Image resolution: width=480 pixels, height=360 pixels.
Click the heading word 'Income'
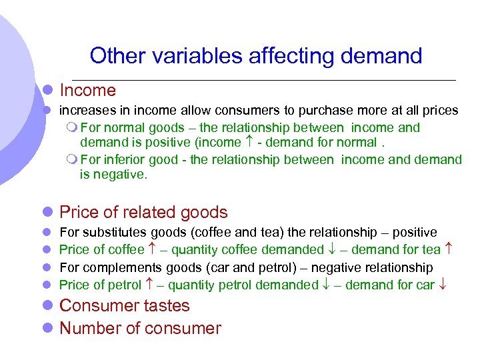87,91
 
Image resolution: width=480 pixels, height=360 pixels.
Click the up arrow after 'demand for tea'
449,250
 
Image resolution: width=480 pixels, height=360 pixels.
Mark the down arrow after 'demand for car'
443,285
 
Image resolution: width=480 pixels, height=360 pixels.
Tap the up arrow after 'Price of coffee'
151,250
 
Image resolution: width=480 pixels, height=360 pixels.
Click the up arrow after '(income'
249,142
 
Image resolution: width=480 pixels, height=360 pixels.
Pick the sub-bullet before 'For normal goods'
73,128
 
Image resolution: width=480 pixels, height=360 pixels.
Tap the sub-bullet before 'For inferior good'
73,160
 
